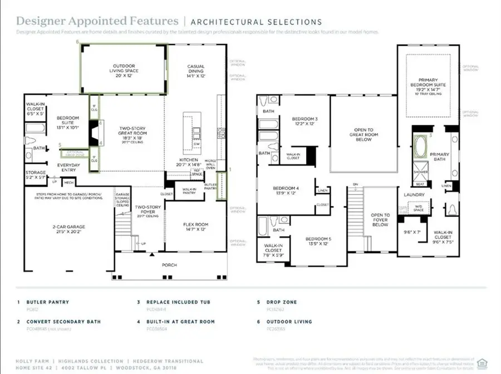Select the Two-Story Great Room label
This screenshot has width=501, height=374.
point(132,134)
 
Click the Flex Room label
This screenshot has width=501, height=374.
point(195,226)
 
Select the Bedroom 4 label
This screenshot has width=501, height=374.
point(284,190)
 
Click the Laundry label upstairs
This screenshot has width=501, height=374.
point(415,195)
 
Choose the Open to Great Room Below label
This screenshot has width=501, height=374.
point(364,134)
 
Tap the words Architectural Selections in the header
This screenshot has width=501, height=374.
point(256,22)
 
